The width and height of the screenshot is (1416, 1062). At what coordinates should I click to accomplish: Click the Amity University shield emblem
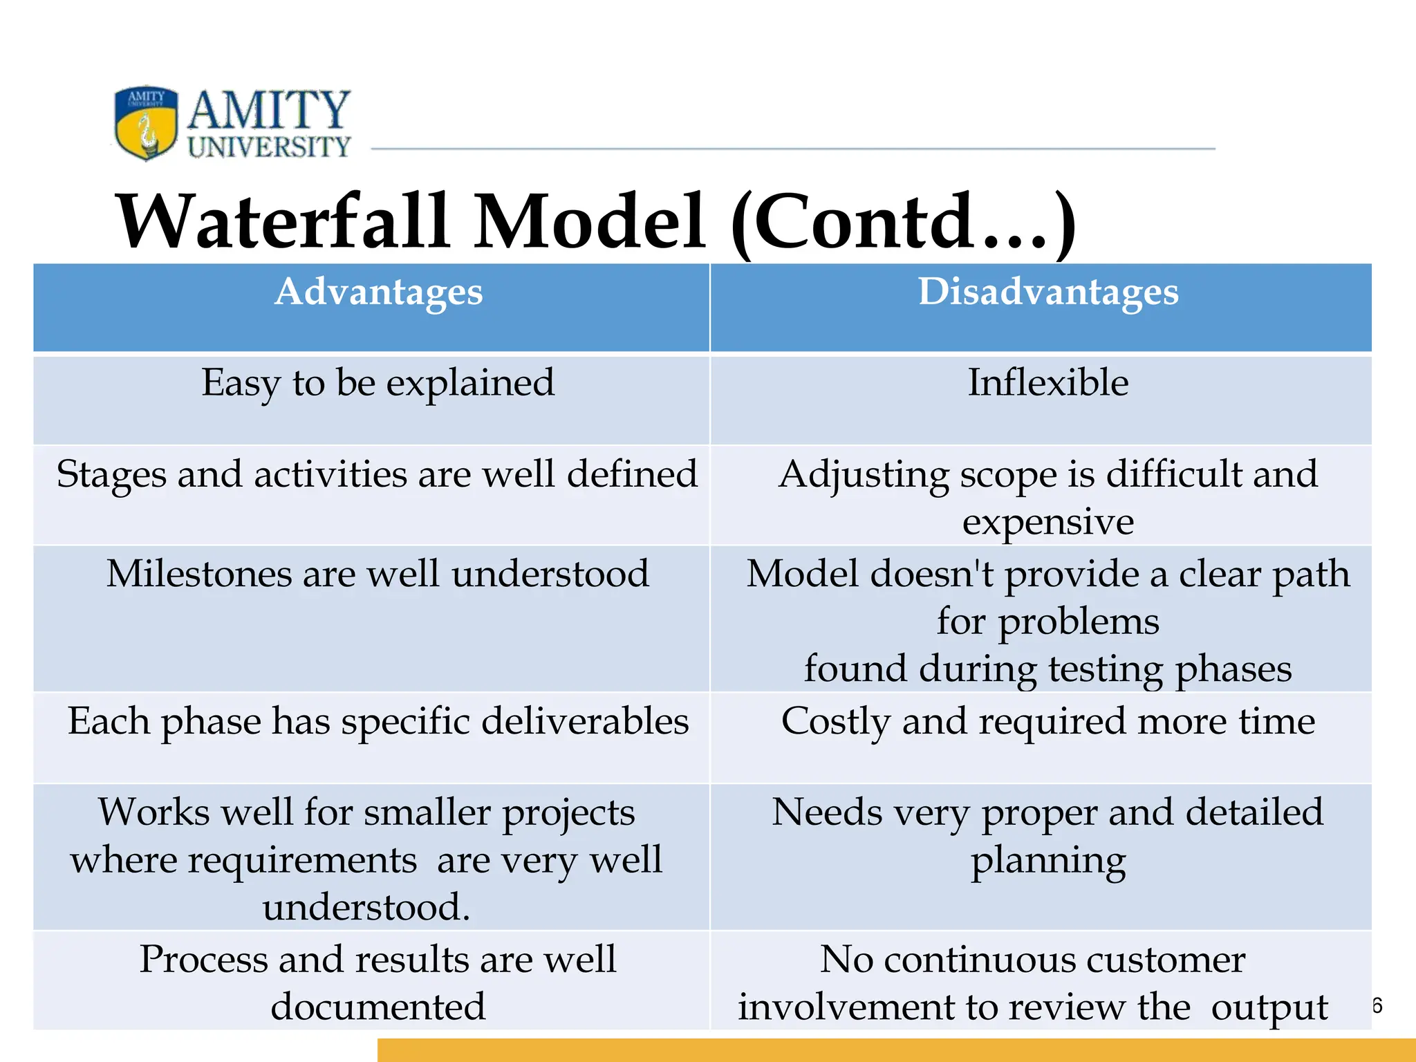[x=146, y=122]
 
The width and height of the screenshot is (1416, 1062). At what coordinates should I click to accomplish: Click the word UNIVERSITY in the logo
[x=269, y=147]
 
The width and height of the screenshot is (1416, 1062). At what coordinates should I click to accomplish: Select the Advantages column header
[x=378, y=292]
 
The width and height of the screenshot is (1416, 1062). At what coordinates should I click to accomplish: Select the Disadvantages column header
[x=1047, y=292]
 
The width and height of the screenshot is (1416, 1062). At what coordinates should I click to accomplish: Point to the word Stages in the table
[x=111, y=476]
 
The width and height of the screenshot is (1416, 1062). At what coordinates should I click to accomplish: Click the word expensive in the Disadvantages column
[x=1047, y=521]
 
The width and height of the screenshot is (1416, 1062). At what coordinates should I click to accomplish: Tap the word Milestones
[x=197, y=574]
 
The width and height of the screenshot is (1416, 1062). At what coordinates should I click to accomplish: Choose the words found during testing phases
[x=1047, y=669]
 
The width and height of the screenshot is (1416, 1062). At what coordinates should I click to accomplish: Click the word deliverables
[x=585, y=721]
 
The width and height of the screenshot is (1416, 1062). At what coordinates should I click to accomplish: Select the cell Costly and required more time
[x=1047, y=721]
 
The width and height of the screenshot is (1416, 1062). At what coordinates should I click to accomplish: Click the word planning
[x=1047, y=861]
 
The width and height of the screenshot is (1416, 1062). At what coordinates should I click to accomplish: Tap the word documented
[x=378, y=1007]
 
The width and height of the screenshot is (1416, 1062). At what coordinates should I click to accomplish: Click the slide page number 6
[x=1377, y=1005]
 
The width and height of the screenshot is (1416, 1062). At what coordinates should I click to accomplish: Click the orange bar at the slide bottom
[x=896, y=1050]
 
